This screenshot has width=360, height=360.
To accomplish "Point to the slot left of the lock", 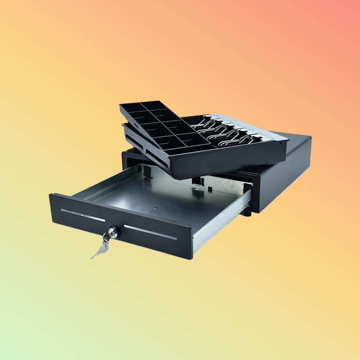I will [83, 215].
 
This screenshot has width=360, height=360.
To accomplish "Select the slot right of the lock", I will [150, 232].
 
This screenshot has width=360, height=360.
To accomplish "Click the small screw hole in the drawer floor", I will [155, 207].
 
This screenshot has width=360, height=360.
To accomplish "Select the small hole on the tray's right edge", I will [285, 141].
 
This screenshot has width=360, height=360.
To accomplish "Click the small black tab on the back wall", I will [210, 189].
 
